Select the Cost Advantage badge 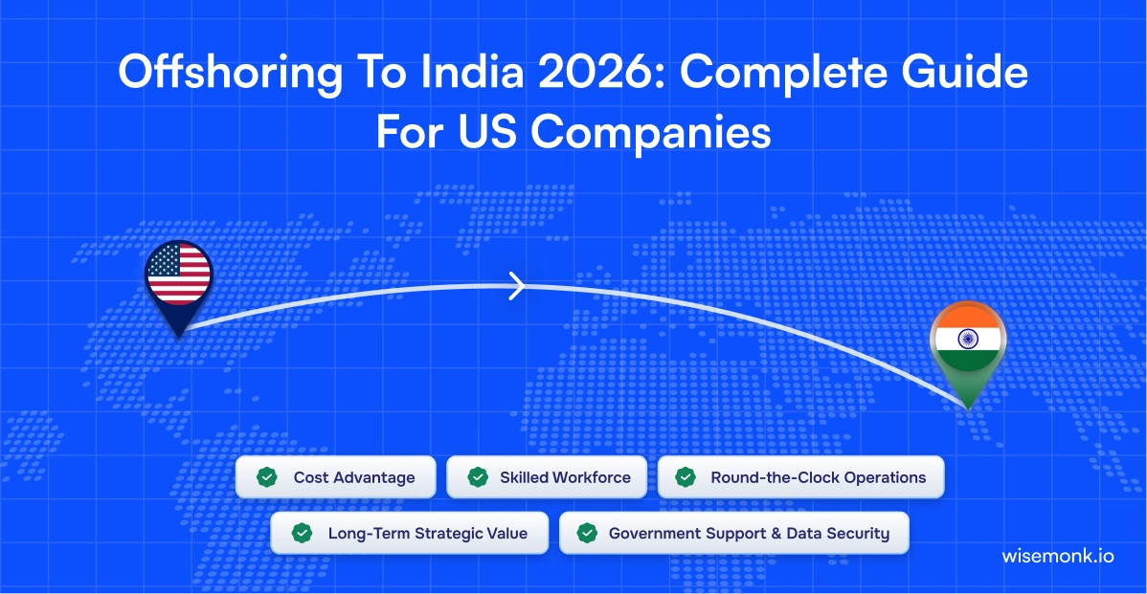[x=335, y=477]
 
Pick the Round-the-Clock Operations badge [x=800, y=477]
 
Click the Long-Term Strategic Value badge [x=409, y=534]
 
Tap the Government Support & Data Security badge [x=733, y=534]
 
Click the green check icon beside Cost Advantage [x=267, y=477]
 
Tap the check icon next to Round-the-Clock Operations [x=686, y=477]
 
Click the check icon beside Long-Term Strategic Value [x=302, y=534]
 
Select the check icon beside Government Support [x=587, y=534]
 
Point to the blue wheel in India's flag [x=966, y=340]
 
